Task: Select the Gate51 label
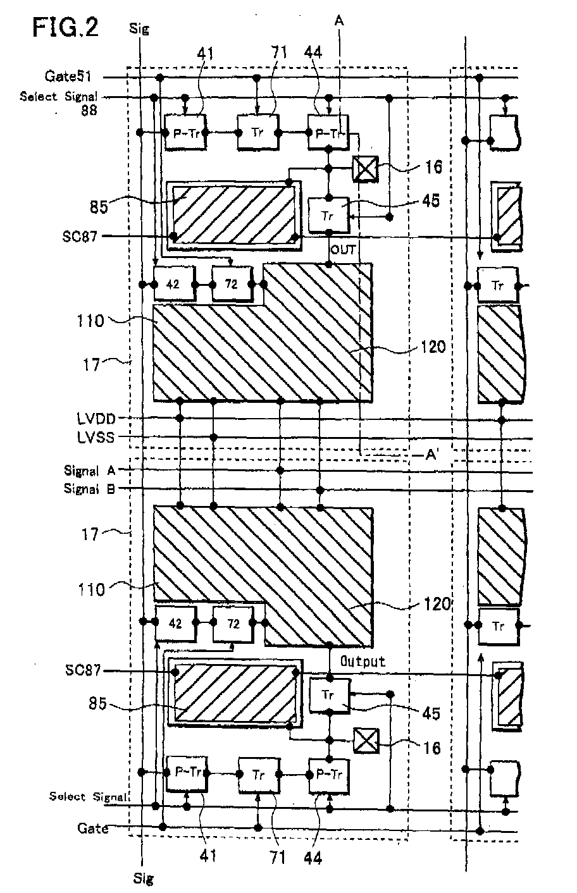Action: (x=68, y=77)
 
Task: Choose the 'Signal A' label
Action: (x=89, y=471)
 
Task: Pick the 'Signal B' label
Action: (x=89, y=489)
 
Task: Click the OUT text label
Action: (x=344, y=250)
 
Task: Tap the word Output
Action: (x=363, y=662)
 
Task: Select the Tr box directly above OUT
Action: (x=328, y=214)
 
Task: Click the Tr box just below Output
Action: (x=328, y=695)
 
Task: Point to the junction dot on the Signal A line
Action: (x=280, y=471)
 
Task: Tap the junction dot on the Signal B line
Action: (x=321, y=489)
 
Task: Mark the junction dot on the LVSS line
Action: (x=214, y=438)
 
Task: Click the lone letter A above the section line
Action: (x=340, y=21)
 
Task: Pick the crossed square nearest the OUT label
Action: (x=365, y=169)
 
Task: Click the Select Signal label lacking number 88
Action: (x=89, y=796)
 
